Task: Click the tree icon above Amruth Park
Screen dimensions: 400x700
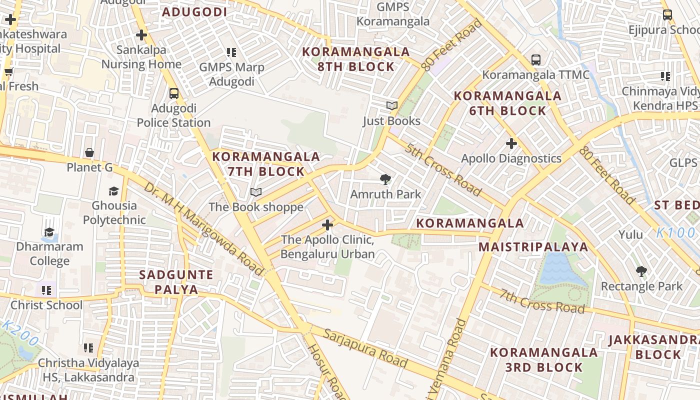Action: coord(385,179)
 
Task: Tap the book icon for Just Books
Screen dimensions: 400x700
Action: coord(392,106)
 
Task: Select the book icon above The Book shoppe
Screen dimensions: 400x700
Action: coord(256,192)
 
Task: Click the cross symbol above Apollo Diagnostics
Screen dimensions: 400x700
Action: coord(511,144)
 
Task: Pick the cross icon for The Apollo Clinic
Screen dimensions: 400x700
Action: coord(327,225)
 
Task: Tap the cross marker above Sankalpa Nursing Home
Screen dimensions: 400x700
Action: coord(141,35)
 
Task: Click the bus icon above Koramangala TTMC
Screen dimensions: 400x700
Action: coord(536,60)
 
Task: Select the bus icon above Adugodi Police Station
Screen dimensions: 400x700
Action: coord(174,93)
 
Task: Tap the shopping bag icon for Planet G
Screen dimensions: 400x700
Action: coord(89,152)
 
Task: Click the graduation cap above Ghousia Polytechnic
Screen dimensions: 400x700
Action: coord(114,191)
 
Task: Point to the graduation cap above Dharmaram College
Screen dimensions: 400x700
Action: coord(49,232)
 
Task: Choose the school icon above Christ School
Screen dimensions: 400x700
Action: coord(46,290)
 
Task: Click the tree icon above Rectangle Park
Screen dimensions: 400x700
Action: coord(641,271)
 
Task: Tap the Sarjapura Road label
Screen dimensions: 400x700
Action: coord(365,348)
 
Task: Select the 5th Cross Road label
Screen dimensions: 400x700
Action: coord(443,170)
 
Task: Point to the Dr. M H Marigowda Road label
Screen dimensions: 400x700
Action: coord(203,228)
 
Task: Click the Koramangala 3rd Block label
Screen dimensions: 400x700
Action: coord(543,359)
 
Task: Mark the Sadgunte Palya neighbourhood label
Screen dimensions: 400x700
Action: coord(176,282)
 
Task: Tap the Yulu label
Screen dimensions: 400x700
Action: coord(630,234)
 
